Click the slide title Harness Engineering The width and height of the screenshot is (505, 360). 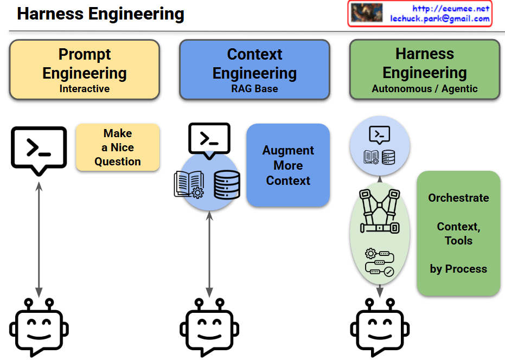(100, 14)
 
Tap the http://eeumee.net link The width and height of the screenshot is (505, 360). (451, 8)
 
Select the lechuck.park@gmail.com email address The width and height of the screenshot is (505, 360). (440, 18)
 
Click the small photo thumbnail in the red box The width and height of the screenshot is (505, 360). (367, 13)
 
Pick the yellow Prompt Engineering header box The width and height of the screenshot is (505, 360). (85, 69)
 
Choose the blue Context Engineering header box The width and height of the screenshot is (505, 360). (254, 69)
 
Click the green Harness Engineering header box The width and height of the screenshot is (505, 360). (425, 69)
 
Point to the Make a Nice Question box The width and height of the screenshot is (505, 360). (118, 147)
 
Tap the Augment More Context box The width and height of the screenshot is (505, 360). (288, 165)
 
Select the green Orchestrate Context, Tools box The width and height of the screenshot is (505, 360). (458, 233)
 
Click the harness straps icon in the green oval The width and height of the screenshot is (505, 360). (380, 211)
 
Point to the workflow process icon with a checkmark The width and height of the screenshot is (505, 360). (380, 262)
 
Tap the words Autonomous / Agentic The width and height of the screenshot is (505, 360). (425, 88)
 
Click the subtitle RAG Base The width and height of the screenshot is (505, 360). (254, 88)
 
